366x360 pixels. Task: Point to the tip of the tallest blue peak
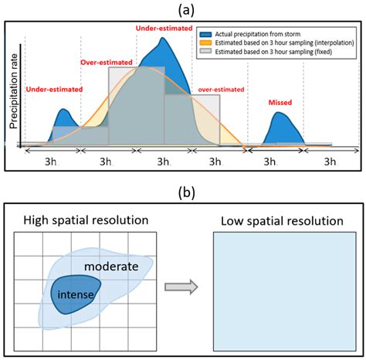(164, 39)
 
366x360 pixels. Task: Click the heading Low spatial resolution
(282, 221)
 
